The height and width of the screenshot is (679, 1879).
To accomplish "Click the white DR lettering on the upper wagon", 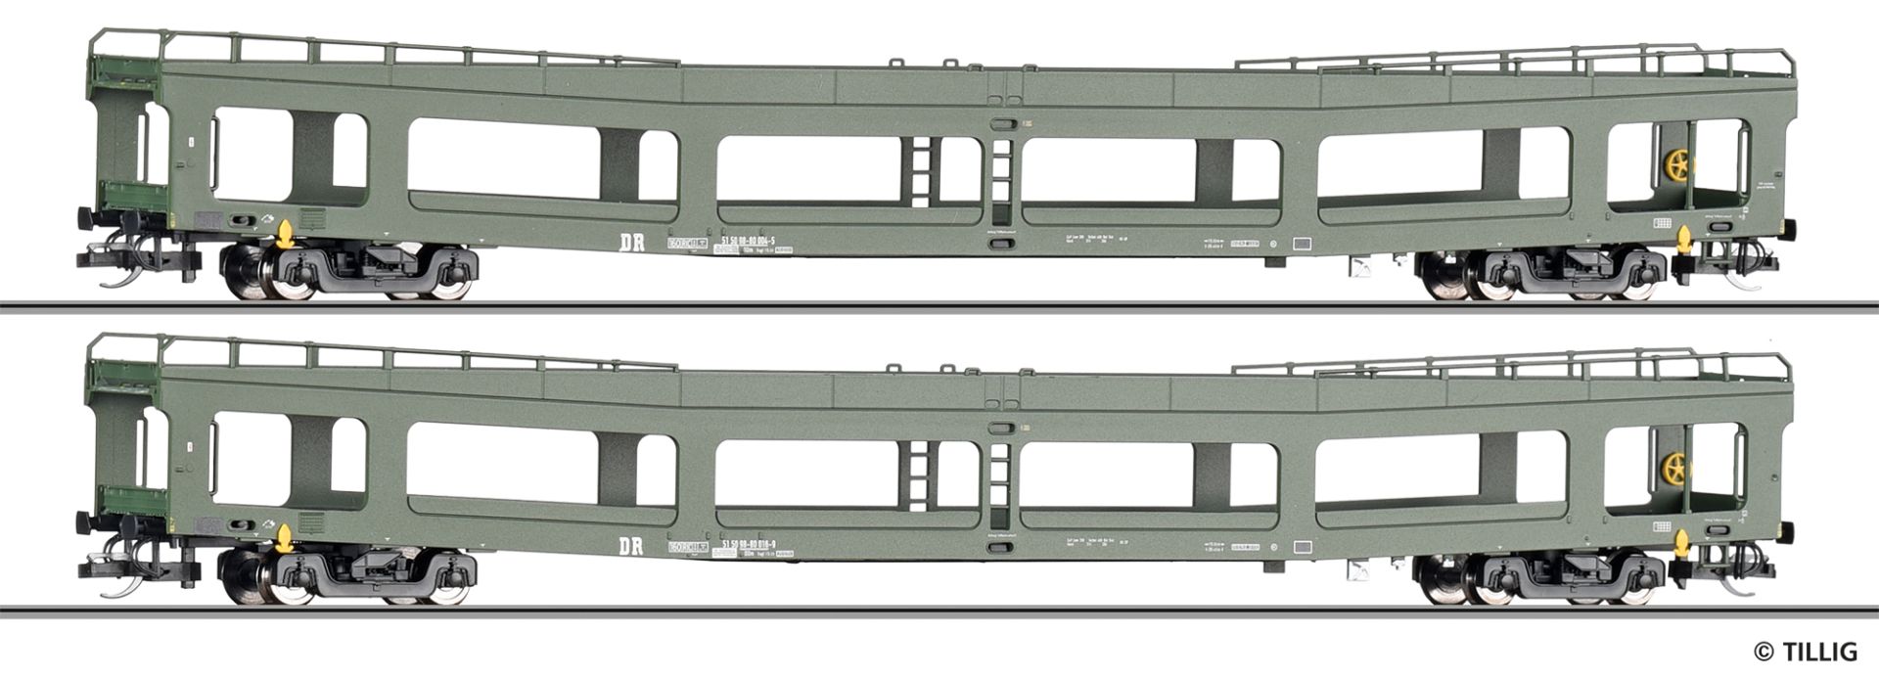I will (x=631, y=243).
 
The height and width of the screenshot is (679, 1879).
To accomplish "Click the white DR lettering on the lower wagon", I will (x=631, y=547).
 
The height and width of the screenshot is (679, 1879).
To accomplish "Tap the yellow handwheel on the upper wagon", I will (x=1674, y=168).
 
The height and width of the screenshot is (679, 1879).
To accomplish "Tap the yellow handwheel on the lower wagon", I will (x=1674, y=472).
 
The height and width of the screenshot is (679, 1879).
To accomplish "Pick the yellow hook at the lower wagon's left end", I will (x=285, y=537).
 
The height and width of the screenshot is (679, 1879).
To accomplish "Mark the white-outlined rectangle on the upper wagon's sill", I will (x=1303, y=245).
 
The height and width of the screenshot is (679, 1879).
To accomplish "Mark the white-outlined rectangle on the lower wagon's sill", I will (x=1303, y=548).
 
